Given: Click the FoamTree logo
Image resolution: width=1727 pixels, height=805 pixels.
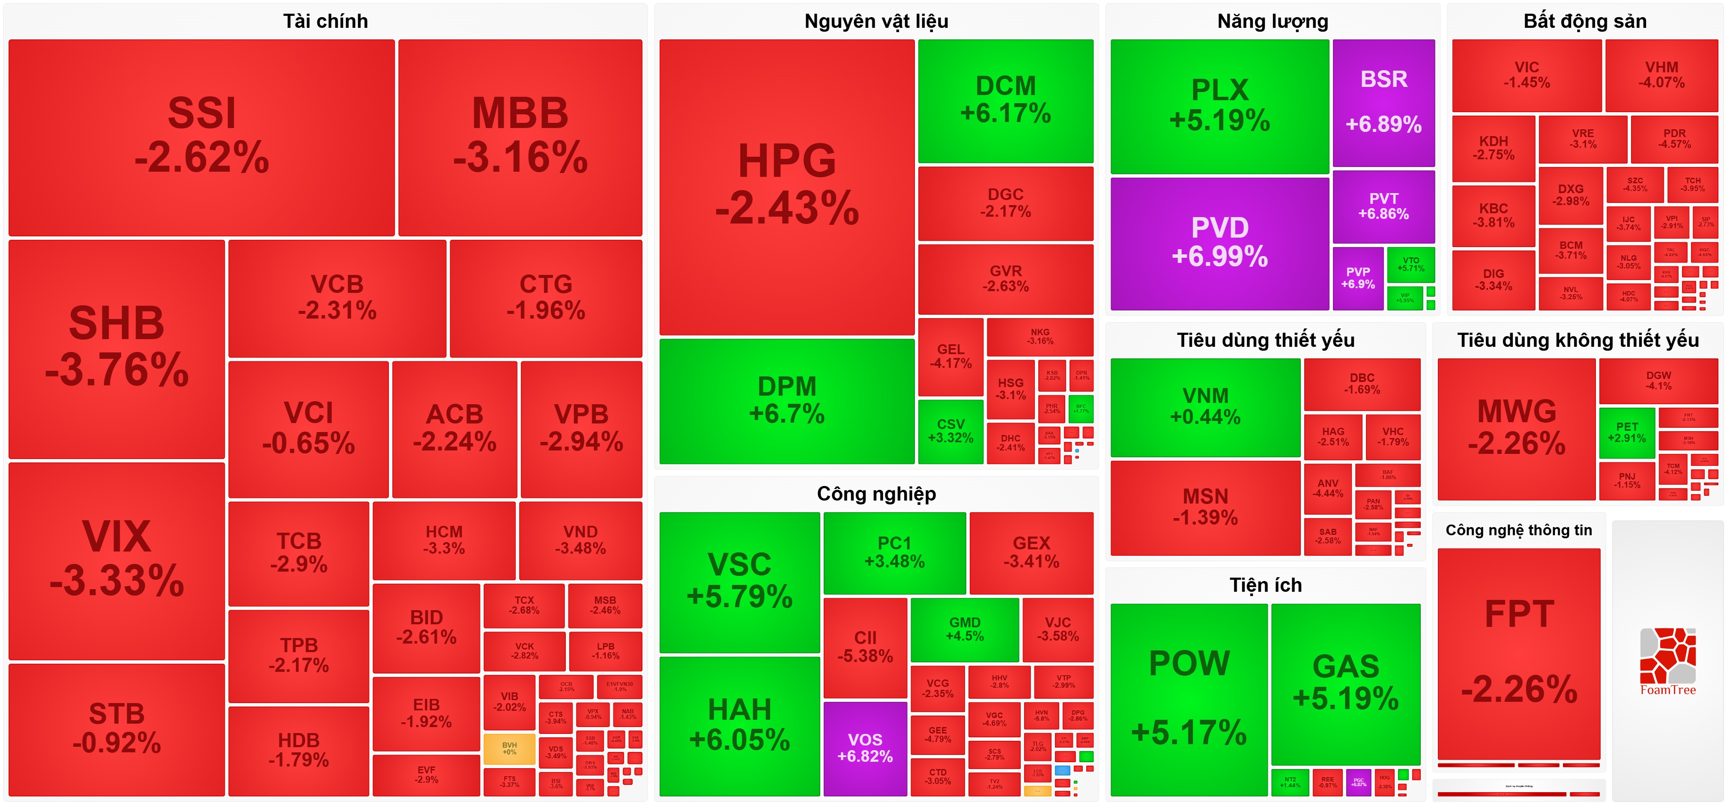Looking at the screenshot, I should pos(1667,661).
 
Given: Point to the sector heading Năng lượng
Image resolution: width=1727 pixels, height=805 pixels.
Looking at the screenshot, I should pos(1273,21).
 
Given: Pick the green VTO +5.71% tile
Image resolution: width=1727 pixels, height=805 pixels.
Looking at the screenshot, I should pos(1410,264).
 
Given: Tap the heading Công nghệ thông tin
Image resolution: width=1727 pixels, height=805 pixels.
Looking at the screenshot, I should pos(1518,530).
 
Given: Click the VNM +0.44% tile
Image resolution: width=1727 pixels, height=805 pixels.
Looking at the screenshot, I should pos(1205,407).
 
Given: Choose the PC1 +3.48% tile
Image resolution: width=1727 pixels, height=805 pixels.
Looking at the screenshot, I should pos(894,552).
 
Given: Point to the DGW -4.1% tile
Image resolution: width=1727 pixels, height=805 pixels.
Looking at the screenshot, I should pos(1658,381).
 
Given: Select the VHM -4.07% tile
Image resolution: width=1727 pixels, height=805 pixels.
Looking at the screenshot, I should pos(1661,75).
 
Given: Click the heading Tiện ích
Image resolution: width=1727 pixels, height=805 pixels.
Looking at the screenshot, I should pos(1265,585).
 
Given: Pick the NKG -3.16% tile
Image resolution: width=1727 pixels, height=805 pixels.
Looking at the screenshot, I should pos(1040,337).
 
